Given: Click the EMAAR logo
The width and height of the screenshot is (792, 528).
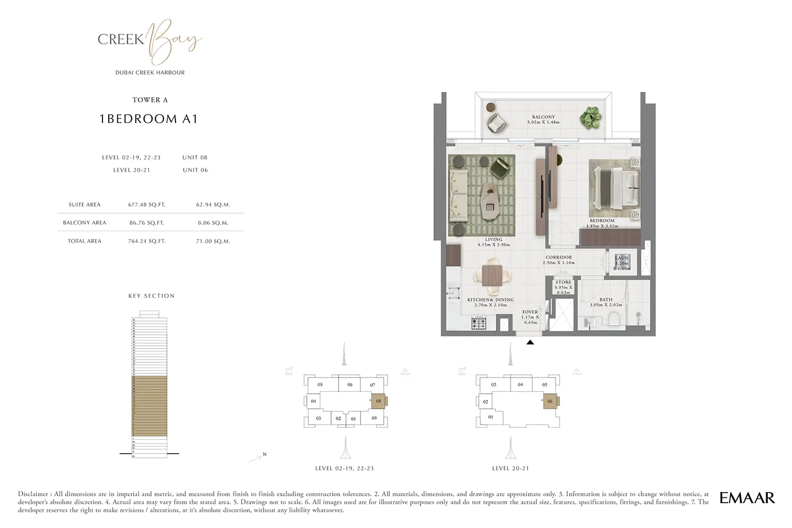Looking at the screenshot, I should pos(747,497).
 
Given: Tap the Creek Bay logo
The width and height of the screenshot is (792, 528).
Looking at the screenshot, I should pos(150,41).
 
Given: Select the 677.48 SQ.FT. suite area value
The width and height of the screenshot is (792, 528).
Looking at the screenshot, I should pos(147,205).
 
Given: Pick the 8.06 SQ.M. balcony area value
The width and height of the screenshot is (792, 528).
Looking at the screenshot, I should pos(213,223).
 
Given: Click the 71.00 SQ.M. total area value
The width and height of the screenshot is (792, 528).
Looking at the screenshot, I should pos(213,241).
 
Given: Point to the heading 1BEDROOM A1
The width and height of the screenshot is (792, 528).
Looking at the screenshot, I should pos(149,119).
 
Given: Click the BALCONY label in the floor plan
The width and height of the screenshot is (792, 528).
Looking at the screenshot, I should pos(543,117).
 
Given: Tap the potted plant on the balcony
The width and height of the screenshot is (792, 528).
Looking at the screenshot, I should pos(590,117).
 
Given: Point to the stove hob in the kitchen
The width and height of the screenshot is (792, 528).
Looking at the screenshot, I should pos(479,322).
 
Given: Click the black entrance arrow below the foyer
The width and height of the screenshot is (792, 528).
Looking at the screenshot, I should pos(530,343).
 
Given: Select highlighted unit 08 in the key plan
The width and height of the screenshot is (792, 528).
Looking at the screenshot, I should pos(379,401).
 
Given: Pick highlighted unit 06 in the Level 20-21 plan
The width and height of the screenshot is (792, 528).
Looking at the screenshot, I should pos(550,401).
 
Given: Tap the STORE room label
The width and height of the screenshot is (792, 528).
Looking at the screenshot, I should pos(563,282).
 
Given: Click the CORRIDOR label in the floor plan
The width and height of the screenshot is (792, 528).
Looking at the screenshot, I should pos(559,258).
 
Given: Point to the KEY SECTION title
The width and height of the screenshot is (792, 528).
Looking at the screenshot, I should pos(152,296).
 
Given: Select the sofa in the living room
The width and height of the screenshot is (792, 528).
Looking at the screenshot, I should pos(458,195).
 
